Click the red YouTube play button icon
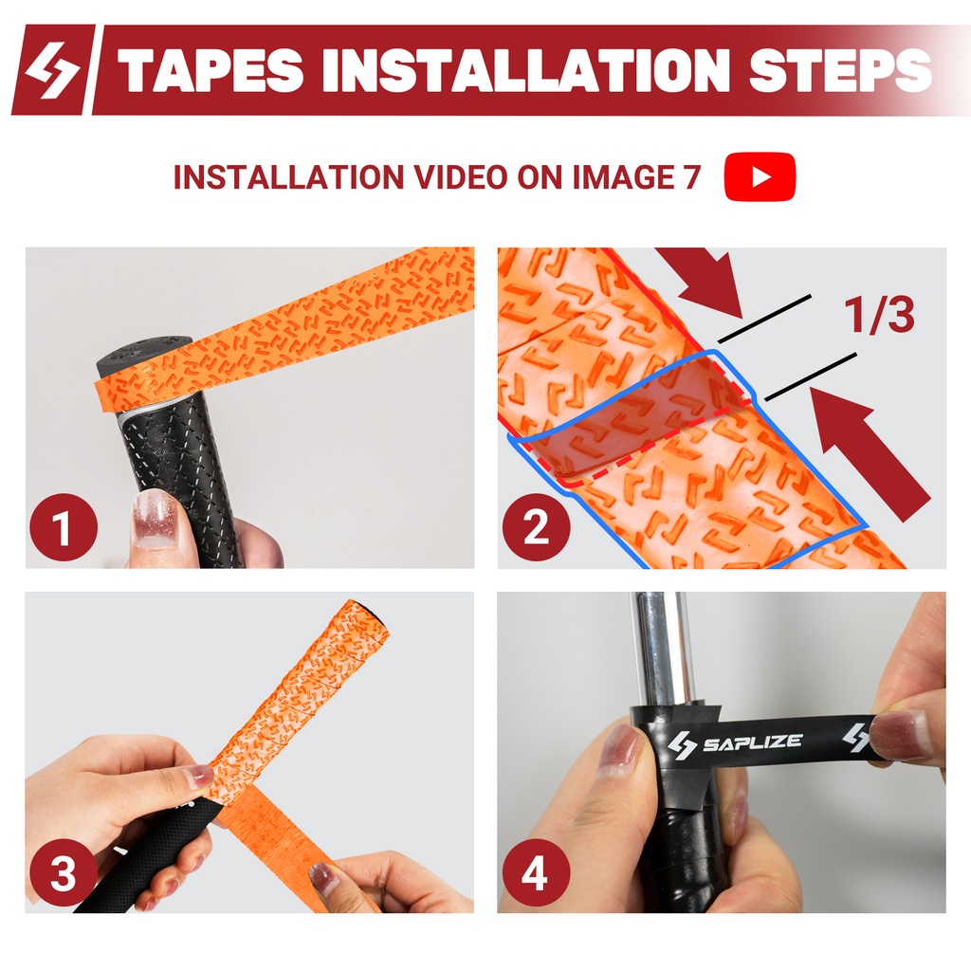pos(760,177)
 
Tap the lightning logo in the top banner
pos(53,69)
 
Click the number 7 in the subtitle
pos(691,177)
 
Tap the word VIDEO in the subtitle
pos(461,177)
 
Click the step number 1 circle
pos(64,527)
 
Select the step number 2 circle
pos(537,527)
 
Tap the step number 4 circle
pos(536,873)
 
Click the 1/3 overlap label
pos(879,315)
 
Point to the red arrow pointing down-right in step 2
pos(704,281)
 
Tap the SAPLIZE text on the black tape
pos(752,742)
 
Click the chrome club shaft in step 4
pos(661,648)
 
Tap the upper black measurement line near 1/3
pos(765,319)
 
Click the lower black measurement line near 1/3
pos(811,377)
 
